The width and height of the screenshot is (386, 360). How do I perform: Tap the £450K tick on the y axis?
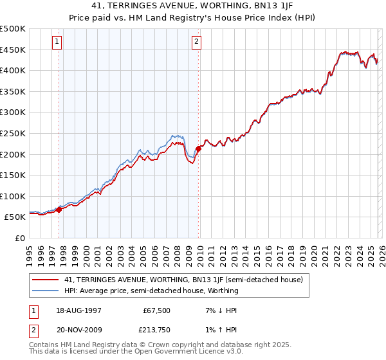coord(13,50)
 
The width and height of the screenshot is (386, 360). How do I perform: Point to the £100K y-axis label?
coord(13,196)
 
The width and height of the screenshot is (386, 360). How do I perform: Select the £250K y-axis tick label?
coord(13,134)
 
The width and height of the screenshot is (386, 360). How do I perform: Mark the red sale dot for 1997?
coord(59,210)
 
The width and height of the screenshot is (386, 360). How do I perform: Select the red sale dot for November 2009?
coord(198,148)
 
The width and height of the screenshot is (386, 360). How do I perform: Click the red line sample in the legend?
coord(46,280)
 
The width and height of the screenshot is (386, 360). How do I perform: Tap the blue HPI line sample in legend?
coord(46,291)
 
